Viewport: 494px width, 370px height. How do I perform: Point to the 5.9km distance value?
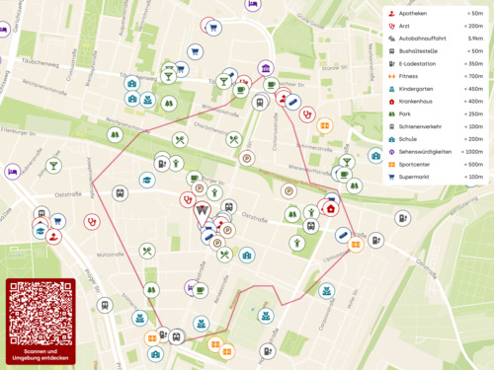point(475,37)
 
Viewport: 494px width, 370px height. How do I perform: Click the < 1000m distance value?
point(472,151)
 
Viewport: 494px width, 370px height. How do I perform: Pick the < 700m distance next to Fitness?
point(473,76)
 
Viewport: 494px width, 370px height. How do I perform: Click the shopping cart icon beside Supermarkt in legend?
point(391,177)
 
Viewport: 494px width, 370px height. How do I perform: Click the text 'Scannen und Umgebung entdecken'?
point(41,354)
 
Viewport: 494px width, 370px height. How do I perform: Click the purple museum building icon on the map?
point(267,68)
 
